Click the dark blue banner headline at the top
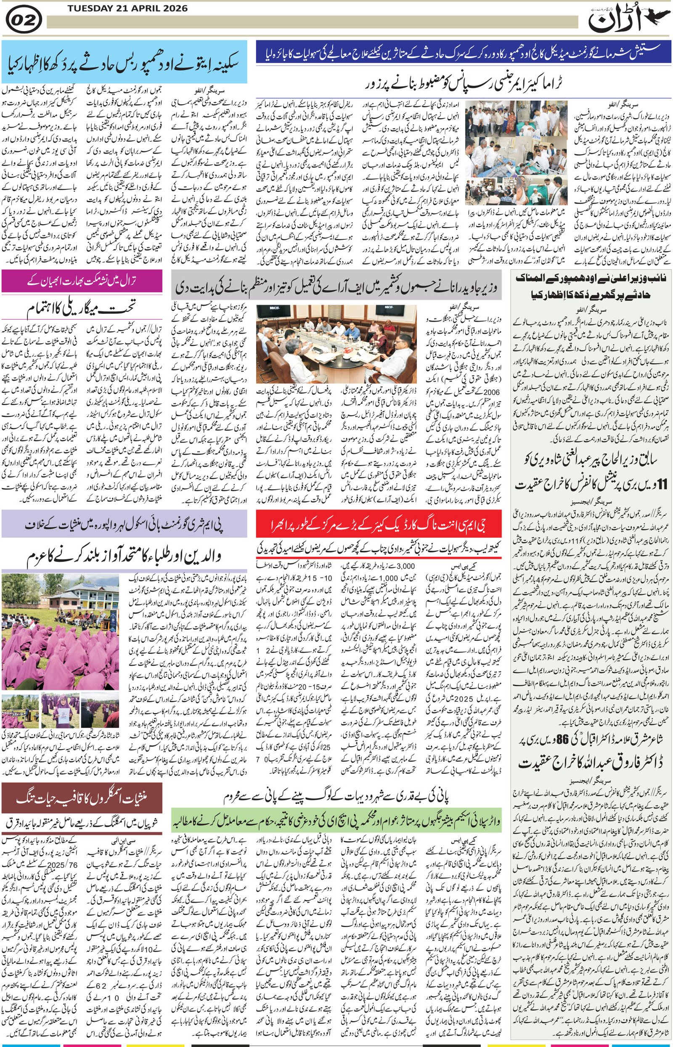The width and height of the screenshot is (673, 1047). pos(463,52)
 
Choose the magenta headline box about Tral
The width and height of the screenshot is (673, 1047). pos(82,281)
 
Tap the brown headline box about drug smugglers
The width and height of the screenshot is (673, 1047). pos(82,798)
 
